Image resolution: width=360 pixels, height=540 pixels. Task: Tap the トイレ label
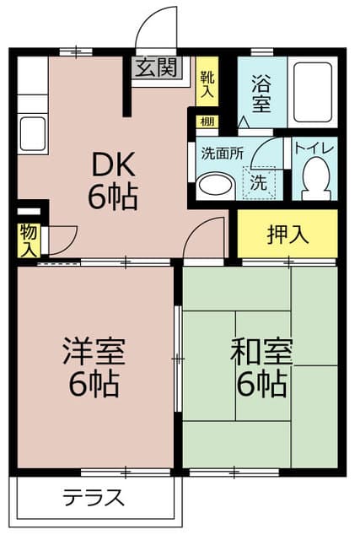point(315,148)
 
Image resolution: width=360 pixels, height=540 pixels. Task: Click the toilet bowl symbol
point(315,178)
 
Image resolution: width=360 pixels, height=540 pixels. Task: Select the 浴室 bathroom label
point(261,93)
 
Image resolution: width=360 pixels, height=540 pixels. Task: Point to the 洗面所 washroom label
point(221,154)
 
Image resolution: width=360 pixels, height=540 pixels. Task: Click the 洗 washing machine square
point(260,181)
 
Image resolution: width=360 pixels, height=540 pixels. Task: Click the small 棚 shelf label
point(207,121)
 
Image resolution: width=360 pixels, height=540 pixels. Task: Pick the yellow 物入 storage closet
point(28,240)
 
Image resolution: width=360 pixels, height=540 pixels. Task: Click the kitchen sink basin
point(32,133)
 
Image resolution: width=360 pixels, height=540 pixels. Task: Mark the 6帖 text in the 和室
point(259,384)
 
